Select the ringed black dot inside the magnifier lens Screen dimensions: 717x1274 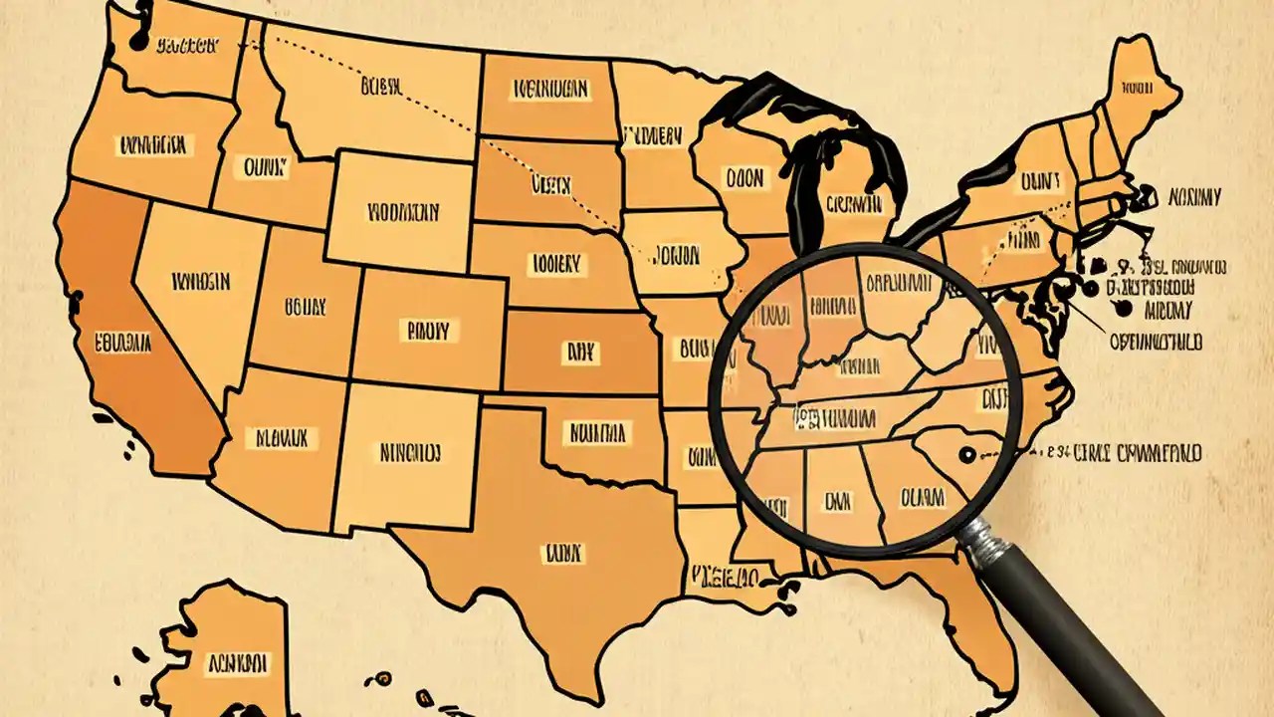pos(963,456)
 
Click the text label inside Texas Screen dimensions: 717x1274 pos(561,551)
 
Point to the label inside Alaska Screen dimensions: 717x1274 pos(237,663)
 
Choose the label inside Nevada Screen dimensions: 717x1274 pos(201,282)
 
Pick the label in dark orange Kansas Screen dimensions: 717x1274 pos(578,351)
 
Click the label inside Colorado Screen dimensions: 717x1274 pos(428,330)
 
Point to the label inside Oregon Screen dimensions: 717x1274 pos(152,145)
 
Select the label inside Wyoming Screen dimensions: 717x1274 pos(402,211)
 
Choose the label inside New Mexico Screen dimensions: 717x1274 pos(409,453)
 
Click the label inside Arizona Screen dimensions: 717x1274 pos(281,437)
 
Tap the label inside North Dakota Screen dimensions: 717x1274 pos(550,90)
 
